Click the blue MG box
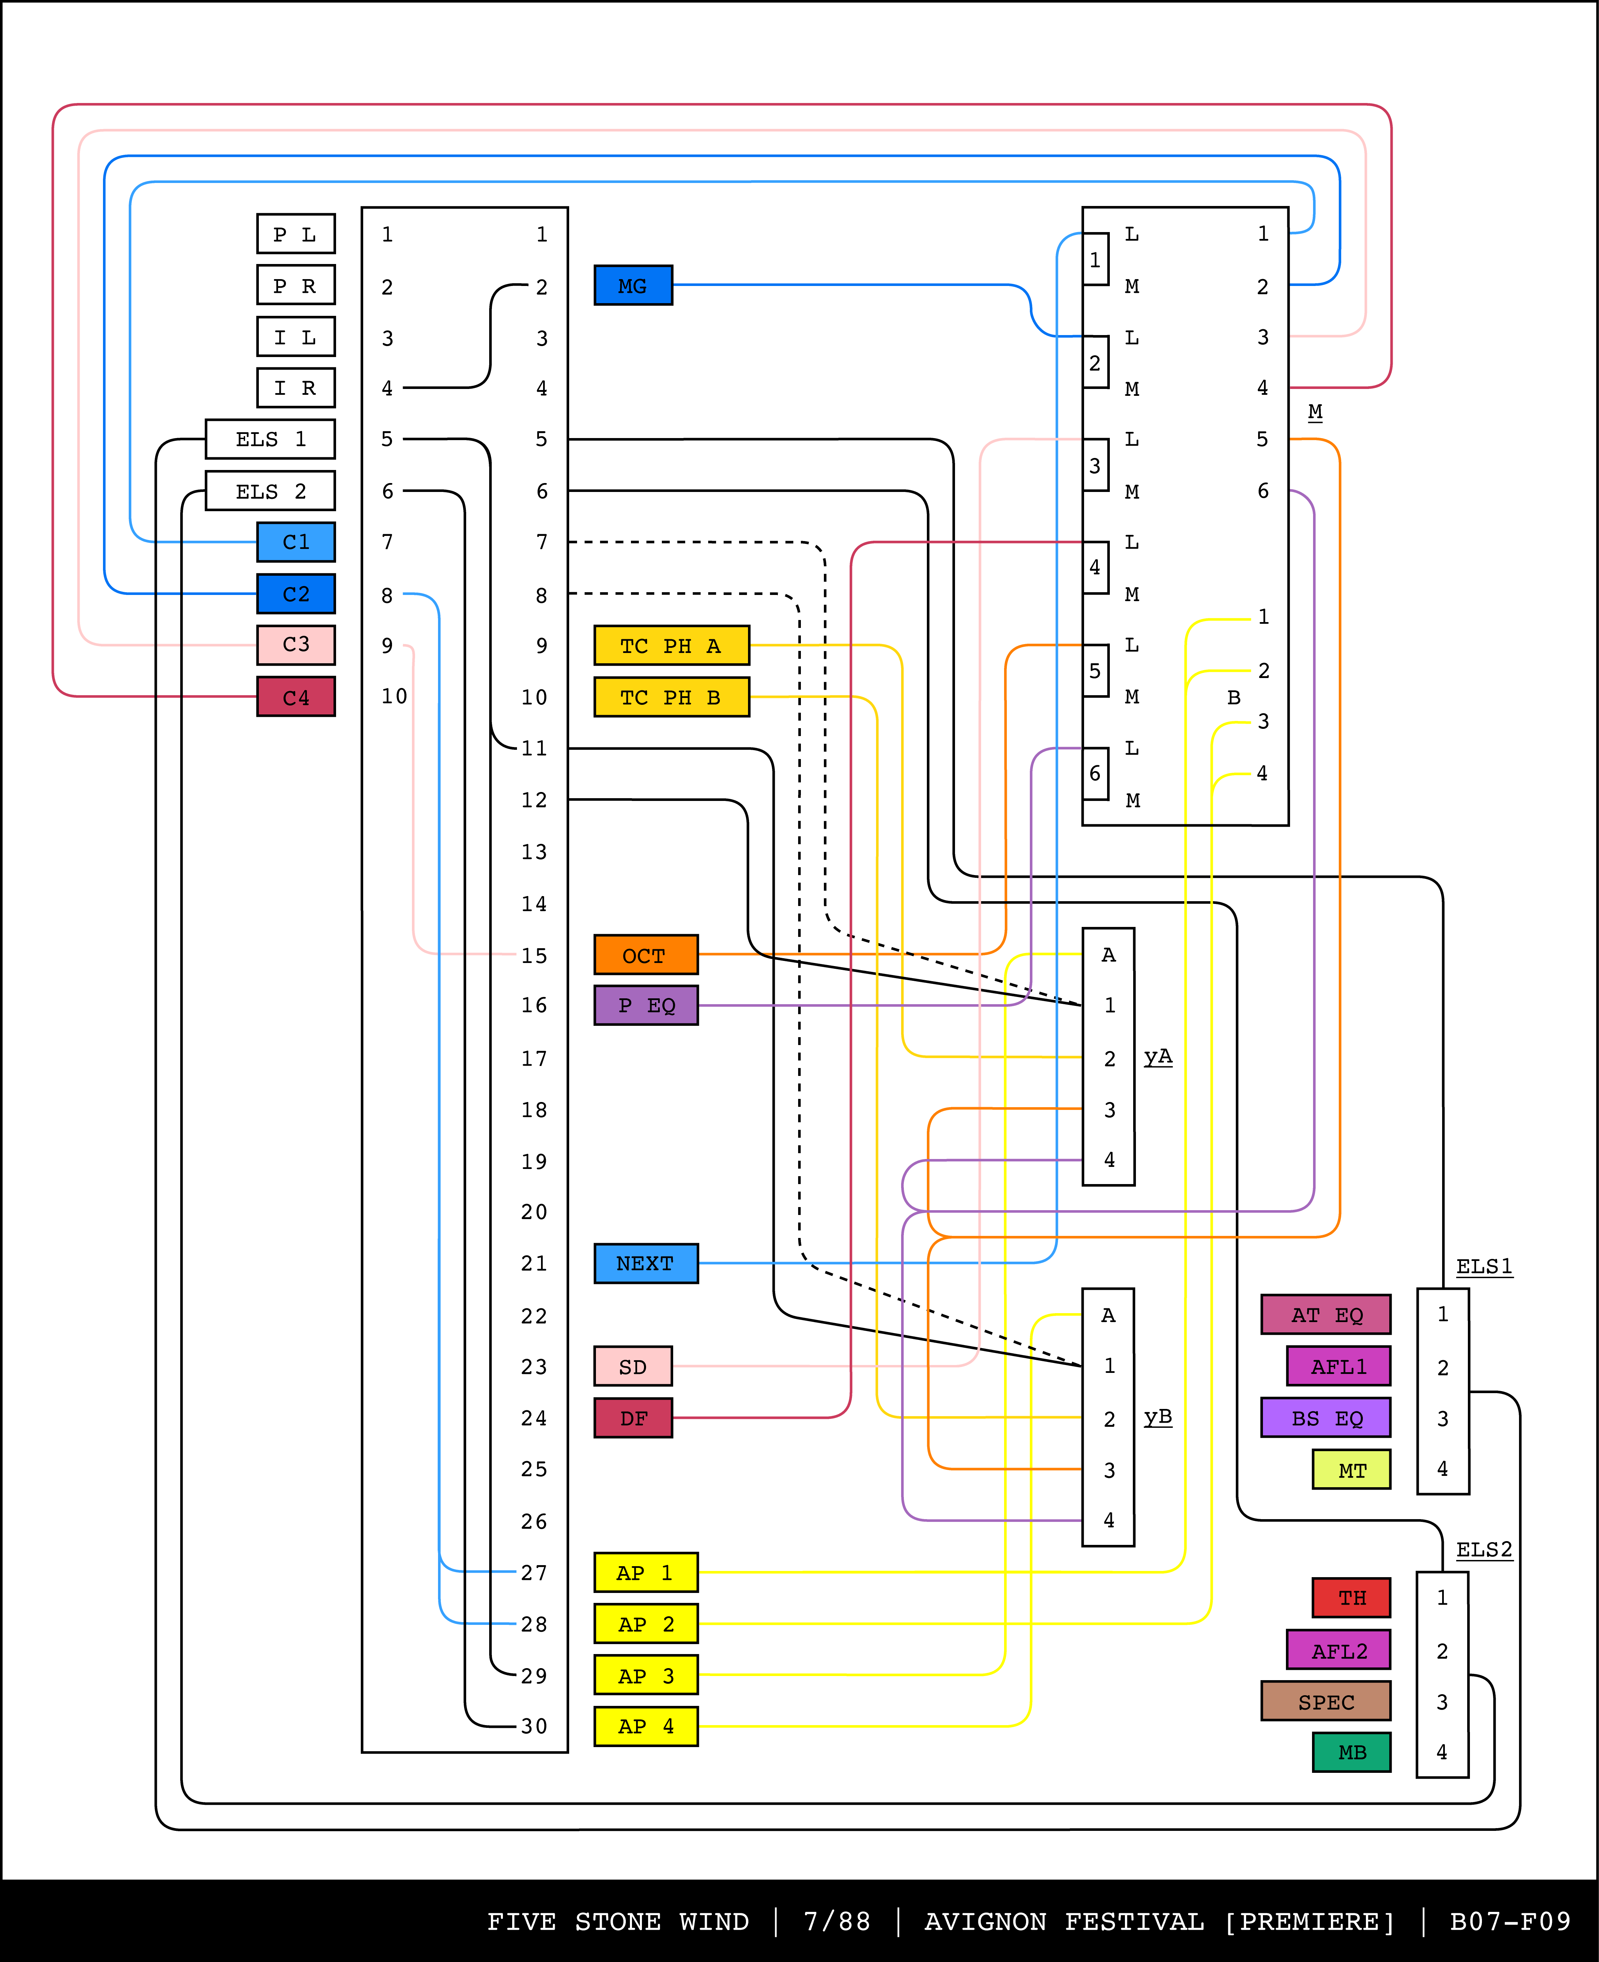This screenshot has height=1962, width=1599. click(x=633, y=286)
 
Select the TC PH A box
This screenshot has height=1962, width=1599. click(x=671, y=646)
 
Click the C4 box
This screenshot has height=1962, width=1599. click(x=296, y=697)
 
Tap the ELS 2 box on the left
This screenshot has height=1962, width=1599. click(x=270, y=491)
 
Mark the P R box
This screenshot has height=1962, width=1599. click(x=296, y=286)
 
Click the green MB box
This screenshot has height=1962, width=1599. click(x=1351, y=1752)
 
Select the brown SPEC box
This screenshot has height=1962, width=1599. click(x=1325, y=1701)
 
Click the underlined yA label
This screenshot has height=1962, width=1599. click(x=1158, y=1057)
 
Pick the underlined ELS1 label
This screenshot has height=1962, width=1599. click(x=1483, y=1266)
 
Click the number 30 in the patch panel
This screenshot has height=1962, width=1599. click(x=534, y=1726)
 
